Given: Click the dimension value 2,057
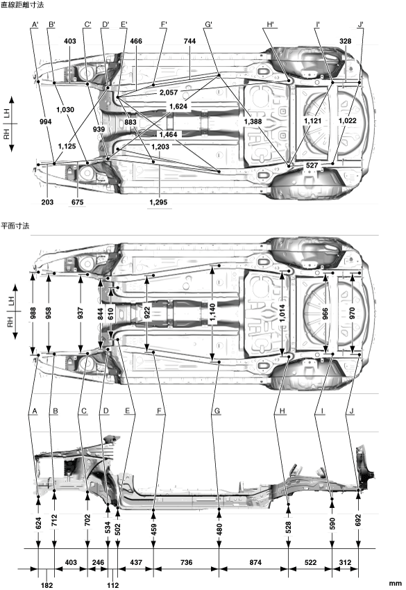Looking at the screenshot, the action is (169, 92).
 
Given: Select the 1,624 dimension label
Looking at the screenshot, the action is (178, 106).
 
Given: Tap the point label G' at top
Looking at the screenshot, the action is (209, 25).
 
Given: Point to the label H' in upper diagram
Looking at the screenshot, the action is (270, 25).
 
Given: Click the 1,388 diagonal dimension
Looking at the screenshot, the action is (253, 121).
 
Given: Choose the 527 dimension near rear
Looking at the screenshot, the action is (312, 165).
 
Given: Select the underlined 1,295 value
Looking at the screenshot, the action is (158, 202).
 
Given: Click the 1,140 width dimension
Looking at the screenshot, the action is (213, 312).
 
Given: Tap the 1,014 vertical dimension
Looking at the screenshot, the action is (282, 312).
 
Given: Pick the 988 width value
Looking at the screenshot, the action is (33, 313).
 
